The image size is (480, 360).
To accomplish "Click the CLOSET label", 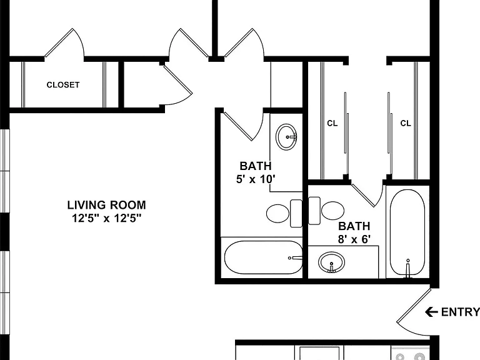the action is [63, 85].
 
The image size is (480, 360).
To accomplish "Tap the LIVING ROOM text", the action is [106, 205].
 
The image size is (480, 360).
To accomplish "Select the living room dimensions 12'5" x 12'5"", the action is [106, 218].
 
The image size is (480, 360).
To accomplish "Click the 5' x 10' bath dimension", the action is [256, 179].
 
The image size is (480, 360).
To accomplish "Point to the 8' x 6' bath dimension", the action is [354, 239].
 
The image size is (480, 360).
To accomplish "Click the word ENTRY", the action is [461, 312].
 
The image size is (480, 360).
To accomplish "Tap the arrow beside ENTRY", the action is [431, 312].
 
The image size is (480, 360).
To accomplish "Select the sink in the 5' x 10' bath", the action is [286, 137].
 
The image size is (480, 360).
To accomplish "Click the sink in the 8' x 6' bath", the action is [331, 262].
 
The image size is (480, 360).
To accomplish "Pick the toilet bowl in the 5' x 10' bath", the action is [277, 213].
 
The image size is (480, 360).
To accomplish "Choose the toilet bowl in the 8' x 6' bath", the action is [332, 211].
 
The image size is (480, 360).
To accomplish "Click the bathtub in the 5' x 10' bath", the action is [264, 257].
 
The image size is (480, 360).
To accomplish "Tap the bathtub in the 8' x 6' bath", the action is [407, 232].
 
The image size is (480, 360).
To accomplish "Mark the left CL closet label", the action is [332, 123].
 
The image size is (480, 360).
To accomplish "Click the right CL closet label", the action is [406, 123].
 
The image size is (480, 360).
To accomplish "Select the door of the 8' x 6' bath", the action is [363, 195].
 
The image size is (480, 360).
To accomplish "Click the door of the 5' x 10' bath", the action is [238, 126].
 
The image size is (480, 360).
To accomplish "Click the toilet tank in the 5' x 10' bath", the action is [296, 213].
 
